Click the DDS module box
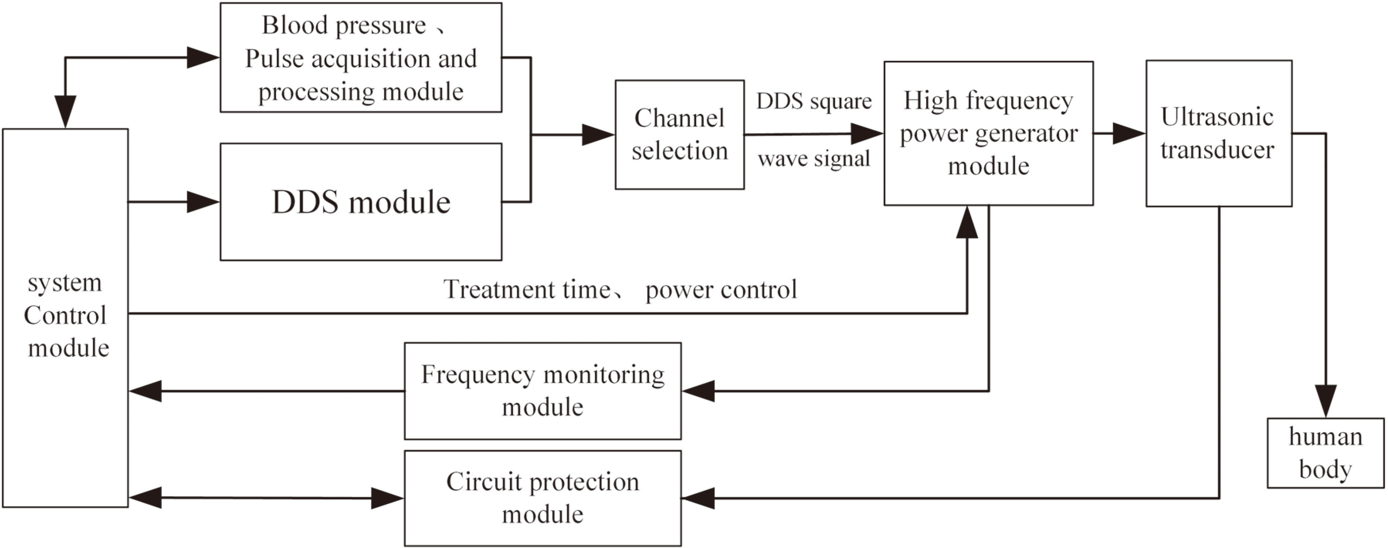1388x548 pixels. tap(361, 201)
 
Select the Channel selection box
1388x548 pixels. tap(680, 135)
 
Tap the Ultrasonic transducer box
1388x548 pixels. tap(1219, 133)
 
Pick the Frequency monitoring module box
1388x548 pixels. tap(543, 391)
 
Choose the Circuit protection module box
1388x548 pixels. tap(543, 498)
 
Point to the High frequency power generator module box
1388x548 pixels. tap(988, 133)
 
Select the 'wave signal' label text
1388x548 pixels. tap(814, 159)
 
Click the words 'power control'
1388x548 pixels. tap(721, 290)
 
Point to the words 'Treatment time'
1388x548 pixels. tap(527, 290)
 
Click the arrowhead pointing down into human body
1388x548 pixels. tap(1326, 401)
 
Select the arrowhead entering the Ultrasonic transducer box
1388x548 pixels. tap(1129, 133)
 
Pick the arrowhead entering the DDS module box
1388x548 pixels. tap(203, 202)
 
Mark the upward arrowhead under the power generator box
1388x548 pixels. tap(967, 222)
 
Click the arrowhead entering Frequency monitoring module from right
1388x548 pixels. tap(698, 391)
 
